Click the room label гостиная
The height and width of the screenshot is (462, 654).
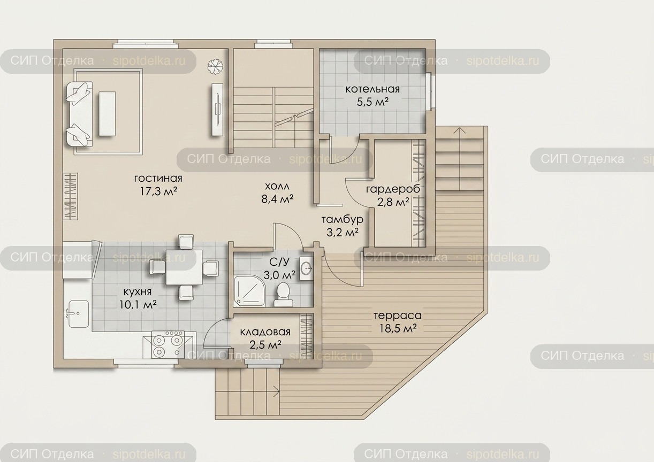click(x=158, y=178)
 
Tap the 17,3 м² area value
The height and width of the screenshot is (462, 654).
click(x=158, y=191)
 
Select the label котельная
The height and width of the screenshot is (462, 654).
click(x=372, y=89)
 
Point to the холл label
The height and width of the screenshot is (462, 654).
click(x=277, y=186)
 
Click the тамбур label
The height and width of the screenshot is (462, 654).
click(x=342, y=219)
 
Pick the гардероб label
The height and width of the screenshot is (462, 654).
click(x=393, y=189)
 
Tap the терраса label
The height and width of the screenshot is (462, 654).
click(x=398, y=315)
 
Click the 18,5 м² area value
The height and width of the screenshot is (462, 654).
click(x=398, y=329)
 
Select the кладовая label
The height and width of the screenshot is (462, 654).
click(x=265, y=332)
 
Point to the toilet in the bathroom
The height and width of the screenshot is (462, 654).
click(x=283, y=294)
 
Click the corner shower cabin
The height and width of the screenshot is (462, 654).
click(x=249, y=291)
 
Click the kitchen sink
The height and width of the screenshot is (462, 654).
click(x=78, y=314)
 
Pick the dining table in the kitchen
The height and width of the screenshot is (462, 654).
click(x=184, y=267)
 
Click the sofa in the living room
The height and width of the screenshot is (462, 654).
click(x=79, y=114)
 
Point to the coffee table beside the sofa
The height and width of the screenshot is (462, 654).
click(x=107, y=113)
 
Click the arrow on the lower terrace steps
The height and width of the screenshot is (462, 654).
click(x=276, y=389)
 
